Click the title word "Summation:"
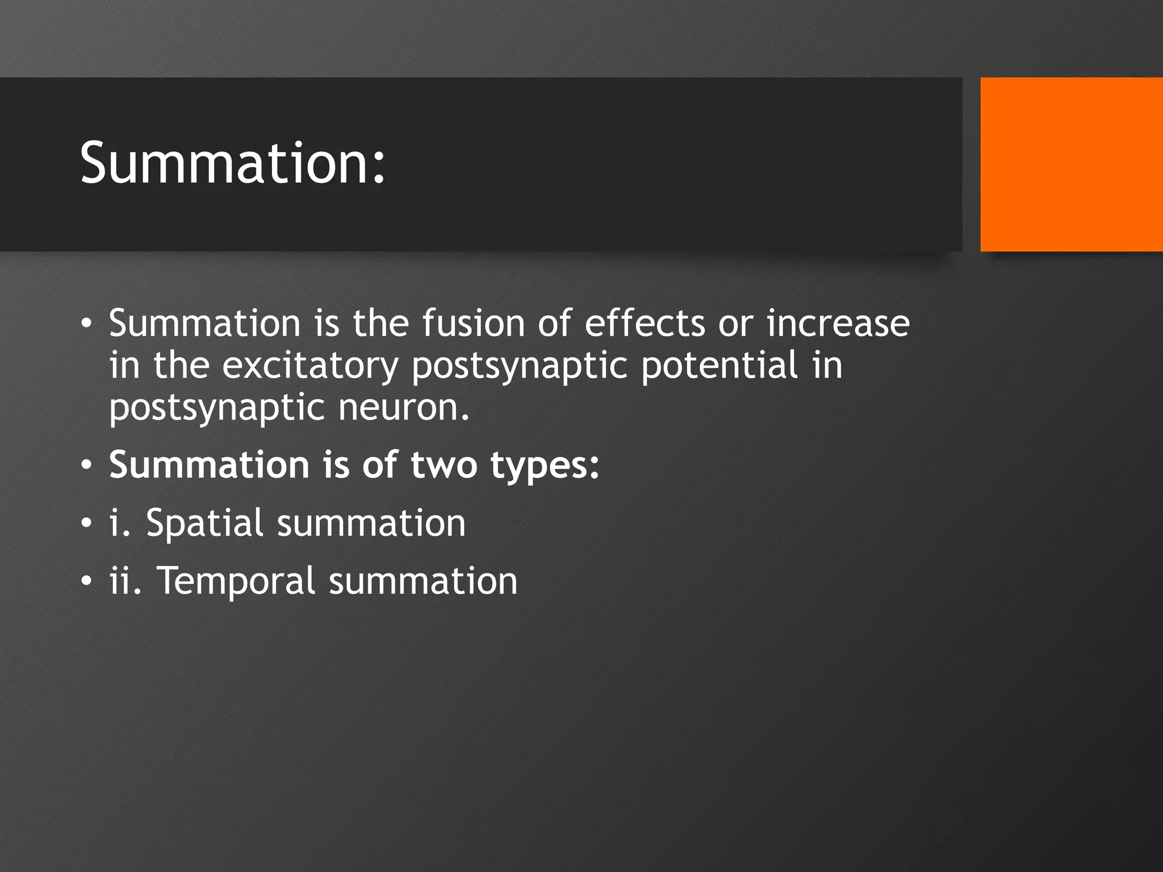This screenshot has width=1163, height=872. point(233,163)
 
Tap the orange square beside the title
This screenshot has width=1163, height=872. point(1071,164)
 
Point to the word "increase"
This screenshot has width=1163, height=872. point(838,323)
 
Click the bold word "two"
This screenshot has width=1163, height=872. point(444,465)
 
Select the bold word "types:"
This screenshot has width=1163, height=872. point(545,465)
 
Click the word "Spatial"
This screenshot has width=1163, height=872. point(204,523)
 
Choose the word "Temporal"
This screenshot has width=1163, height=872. point(236,581)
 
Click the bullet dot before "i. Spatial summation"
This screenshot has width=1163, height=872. point(86,523)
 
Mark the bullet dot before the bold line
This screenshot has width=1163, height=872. point(86,465)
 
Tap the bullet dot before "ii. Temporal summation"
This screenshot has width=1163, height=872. point(86,581)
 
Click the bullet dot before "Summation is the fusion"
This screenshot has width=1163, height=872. point(86,323)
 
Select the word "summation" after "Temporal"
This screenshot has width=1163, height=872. point(423,581)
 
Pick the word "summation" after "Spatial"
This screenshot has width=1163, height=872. point(371,523)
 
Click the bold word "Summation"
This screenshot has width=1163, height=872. point(210,465)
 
